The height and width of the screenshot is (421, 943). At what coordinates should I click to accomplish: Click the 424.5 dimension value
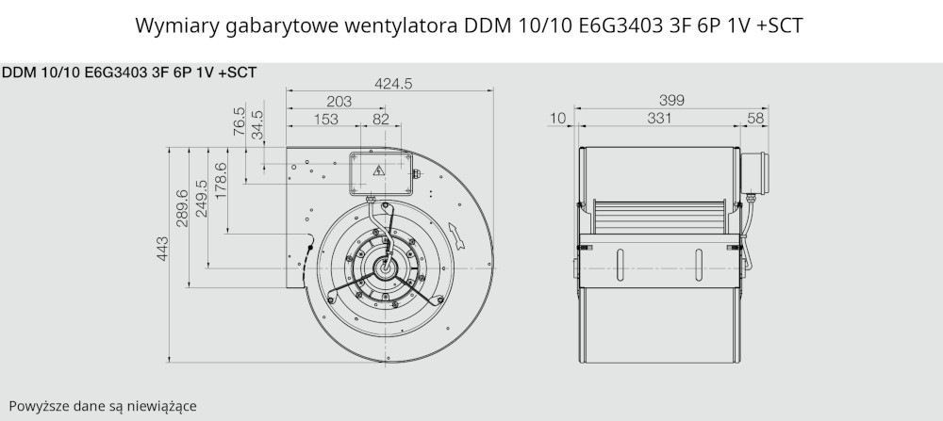click(393, 84)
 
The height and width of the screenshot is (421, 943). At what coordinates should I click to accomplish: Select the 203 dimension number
click(339, 102)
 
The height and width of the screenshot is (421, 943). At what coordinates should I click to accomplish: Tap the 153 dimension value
click(326, 119)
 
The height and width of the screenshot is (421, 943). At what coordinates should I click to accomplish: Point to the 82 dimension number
click(381, 119)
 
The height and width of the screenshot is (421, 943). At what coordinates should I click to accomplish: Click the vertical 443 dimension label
click(162, 249)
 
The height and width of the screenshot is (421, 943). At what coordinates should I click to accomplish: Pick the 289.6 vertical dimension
click(182, 208)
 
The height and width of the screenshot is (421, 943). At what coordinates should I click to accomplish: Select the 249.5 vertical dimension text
click(201, 199)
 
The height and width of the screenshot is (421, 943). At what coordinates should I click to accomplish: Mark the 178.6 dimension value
click(221, 181)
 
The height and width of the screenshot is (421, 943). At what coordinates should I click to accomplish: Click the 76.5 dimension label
click(239, 121)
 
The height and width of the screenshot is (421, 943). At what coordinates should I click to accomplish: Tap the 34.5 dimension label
click(256, 125)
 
